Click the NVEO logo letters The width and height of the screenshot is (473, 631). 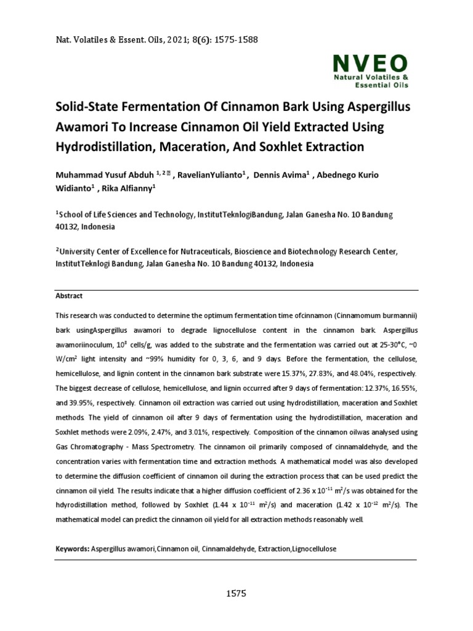pyautogui.click(x=370, y=63)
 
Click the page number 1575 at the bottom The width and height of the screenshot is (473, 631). pyautogui.click(x=236, y=594)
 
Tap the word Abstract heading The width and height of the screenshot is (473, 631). pyautogui.click(x=69, y=296)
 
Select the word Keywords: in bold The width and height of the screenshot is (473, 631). pyautogui.click(x=72, y=548)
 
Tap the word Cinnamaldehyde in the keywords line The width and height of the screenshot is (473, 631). pyautogui.click(x=240, y=548)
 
